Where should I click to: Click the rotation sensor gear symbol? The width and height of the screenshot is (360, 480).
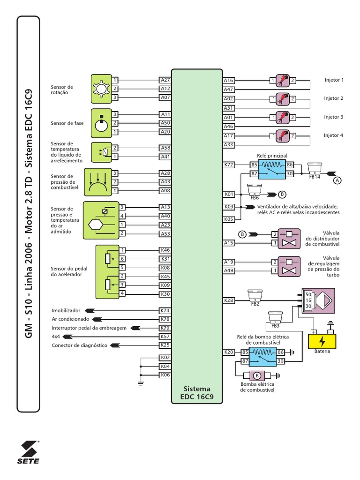tap(101, 89)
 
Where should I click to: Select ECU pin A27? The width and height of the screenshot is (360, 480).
tap(165, 80)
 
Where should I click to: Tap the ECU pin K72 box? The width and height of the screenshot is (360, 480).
tap(229, 165)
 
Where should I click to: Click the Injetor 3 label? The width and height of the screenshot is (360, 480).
tap(334, 117)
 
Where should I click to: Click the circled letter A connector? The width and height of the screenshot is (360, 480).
tap(337, 180)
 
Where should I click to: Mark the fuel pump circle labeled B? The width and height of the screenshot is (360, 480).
tap(256, 375)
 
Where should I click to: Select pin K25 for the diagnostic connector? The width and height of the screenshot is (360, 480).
tap(165, 345)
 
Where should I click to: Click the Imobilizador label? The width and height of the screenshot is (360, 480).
tap(66, 310)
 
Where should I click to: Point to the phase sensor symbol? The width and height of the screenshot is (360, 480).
tap(101, 123)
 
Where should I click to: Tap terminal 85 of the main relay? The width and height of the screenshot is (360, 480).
tap(254, 165)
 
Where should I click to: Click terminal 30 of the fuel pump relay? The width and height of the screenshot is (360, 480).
tap(280, 361)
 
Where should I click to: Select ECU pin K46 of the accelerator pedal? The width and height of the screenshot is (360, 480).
tap(165, 250)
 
